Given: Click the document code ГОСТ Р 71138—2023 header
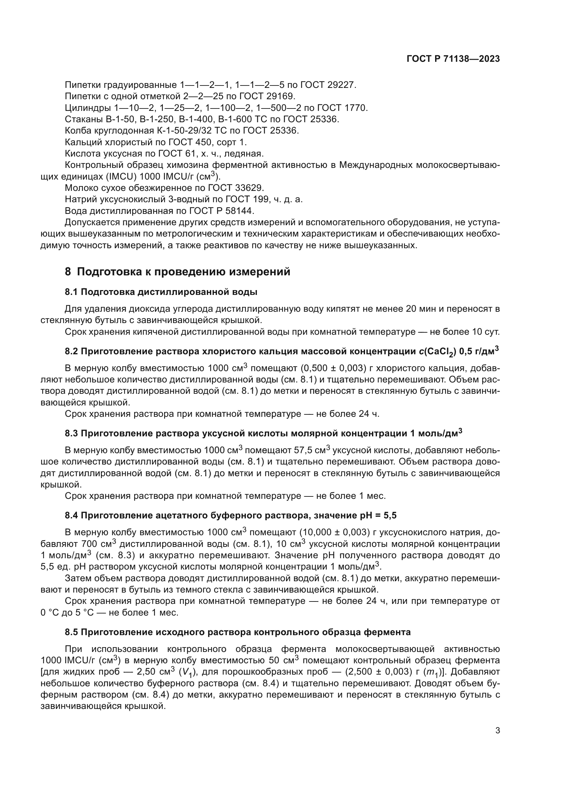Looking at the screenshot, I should tap(453, 59).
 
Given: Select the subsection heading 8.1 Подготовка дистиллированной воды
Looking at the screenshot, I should tap(161, 292).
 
